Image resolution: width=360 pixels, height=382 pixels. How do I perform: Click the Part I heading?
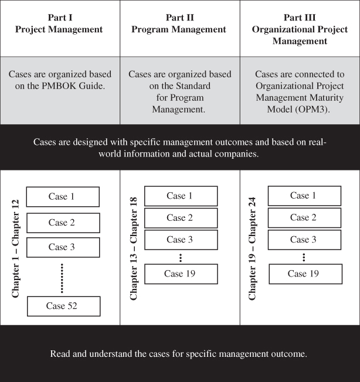point(60,18)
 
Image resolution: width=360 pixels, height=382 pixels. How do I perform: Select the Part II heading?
point(180,18)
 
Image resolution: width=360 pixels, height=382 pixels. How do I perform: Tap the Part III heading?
point(300,18)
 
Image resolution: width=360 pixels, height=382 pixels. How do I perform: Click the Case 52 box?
point(63,306)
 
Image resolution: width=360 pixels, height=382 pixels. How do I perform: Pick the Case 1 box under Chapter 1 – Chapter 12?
point(63,197)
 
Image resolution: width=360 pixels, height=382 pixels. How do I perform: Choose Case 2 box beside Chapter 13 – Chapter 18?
point(181,218)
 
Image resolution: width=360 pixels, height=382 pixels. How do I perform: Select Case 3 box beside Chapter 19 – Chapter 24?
point(305,240)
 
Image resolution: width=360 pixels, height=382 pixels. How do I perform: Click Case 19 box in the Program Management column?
point(181,274)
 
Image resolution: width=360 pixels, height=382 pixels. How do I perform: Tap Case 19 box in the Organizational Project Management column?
point(305,274)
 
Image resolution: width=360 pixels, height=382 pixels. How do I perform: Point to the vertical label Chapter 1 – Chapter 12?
point(15,248)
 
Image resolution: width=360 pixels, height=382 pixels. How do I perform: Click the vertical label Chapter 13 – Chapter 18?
point(134,248)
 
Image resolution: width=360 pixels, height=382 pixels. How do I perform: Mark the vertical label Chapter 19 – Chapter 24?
point(252,248)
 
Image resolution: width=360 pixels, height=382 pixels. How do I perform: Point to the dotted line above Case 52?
point(62,278)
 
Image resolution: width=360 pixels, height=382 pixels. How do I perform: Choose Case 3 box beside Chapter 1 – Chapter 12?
point(63,247)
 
